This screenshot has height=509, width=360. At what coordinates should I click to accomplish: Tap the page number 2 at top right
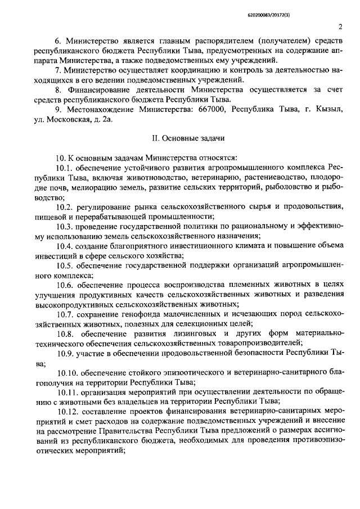(341, 26)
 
